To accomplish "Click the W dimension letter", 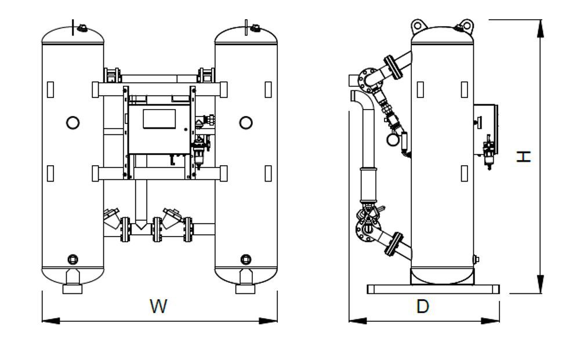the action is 158,306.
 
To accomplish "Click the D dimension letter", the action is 423,306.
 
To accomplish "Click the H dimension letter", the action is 524,157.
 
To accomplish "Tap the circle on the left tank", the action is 73,122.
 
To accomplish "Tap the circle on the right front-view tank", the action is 246,122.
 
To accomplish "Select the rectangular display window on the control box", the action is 159,119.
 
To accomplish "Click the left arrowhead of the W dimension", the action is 51,321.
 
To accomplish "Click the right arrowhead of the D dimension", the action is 491,321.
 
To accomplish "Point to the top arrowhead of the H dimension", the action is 541,28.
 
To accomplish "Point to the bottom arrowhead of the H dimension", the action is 541,284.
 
